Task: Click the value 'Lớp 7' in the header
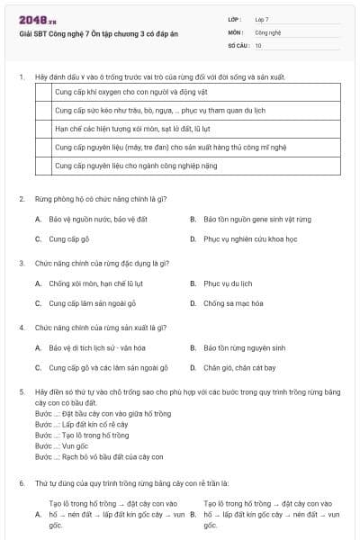pyautogui.click(x=262, y=19)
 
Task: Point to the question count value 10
pyautogui.click(x=258, y=44)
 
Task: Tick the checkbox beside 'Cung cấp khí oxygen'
pyautogui.click(x=42, y=92)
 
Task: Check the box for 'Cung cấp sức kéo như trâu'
pyautogui.click(x=42, y=111)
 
